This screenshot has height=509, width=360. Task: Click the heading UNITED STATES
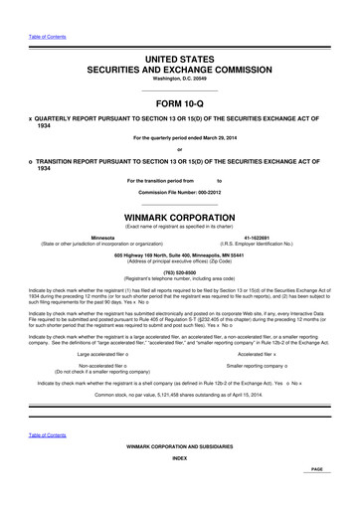(x=179, y=61)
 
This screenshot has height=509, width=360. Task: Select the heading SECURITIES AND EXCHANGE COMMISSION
(x=179, y=73)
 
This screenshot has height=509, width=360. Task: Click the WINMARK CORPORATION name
(x=179, y=215)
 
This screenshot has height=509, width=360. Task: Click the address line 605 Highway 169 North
(x=179, y=254)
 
